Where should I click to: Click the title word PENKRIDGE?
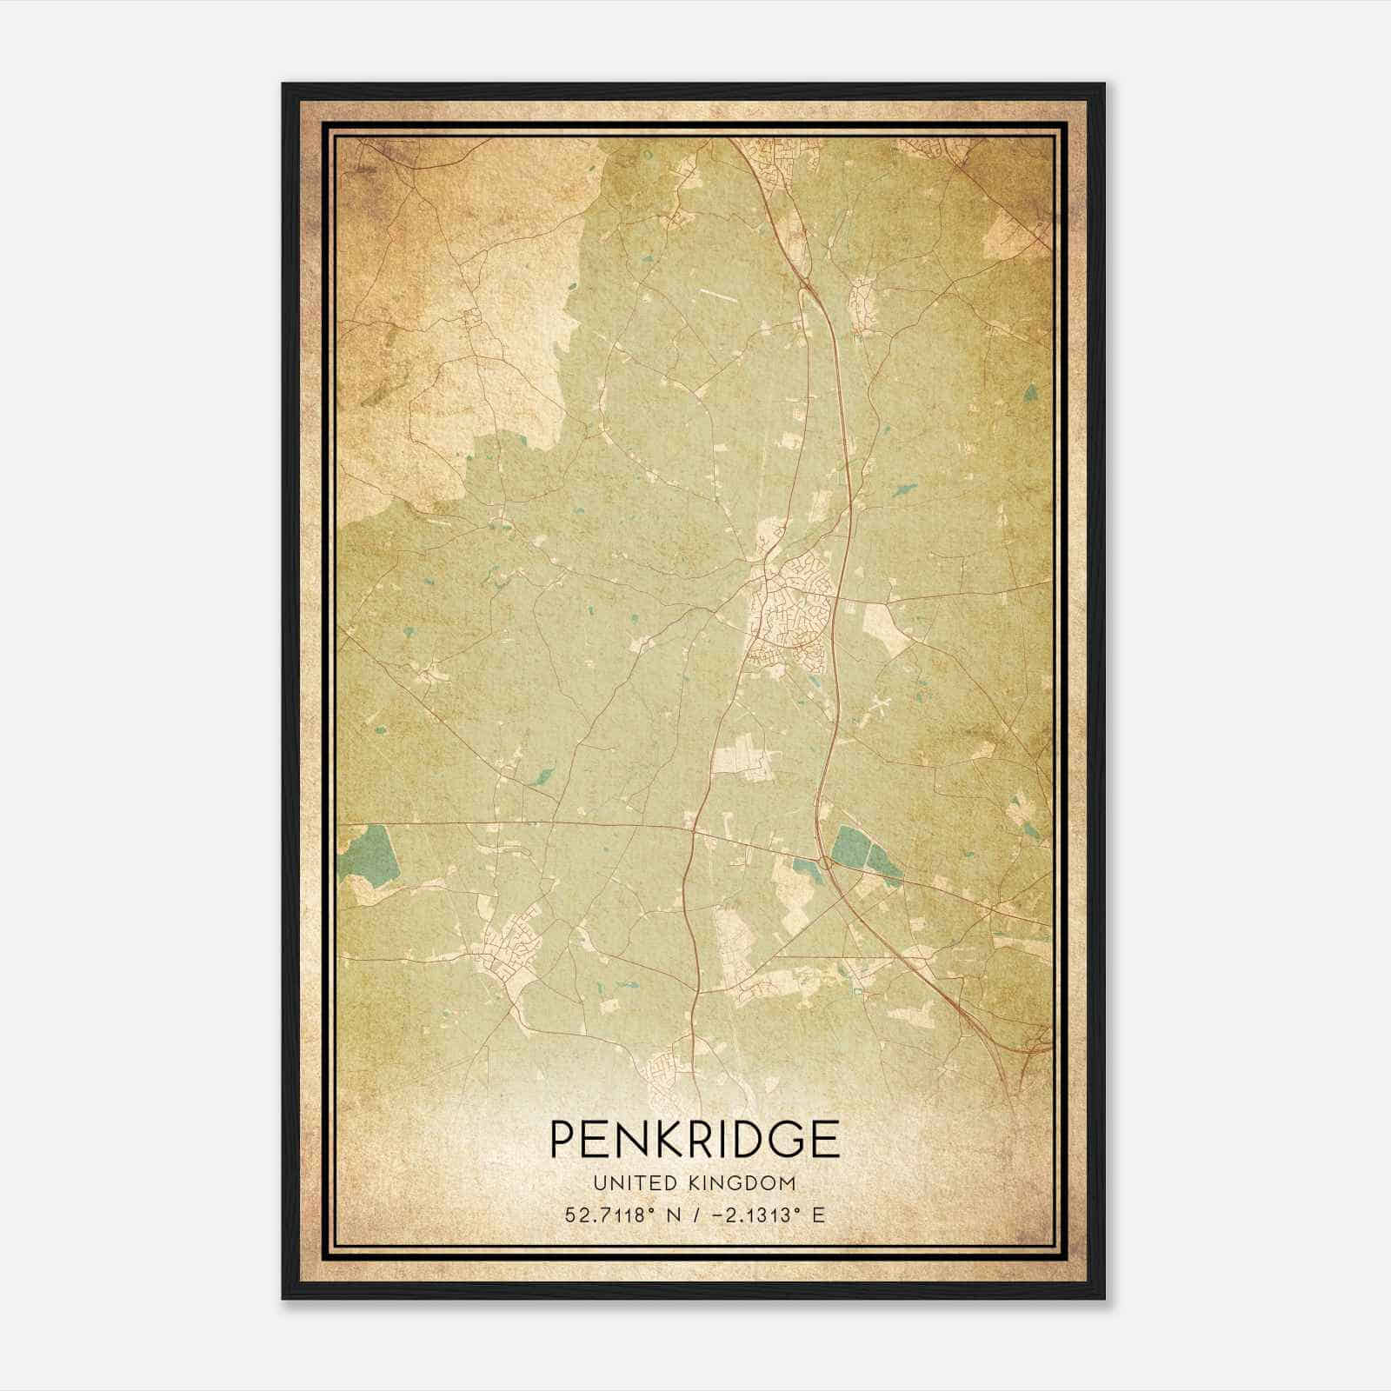click(694, 1139)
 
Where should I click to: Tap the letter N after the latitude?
click(670, 1215)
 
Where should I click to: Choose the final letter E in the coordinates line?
click(817, 1215)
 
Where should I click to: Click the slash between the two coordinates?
click(694, 1215)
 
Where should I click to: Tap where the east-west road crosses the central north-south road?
click(693, 827)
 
